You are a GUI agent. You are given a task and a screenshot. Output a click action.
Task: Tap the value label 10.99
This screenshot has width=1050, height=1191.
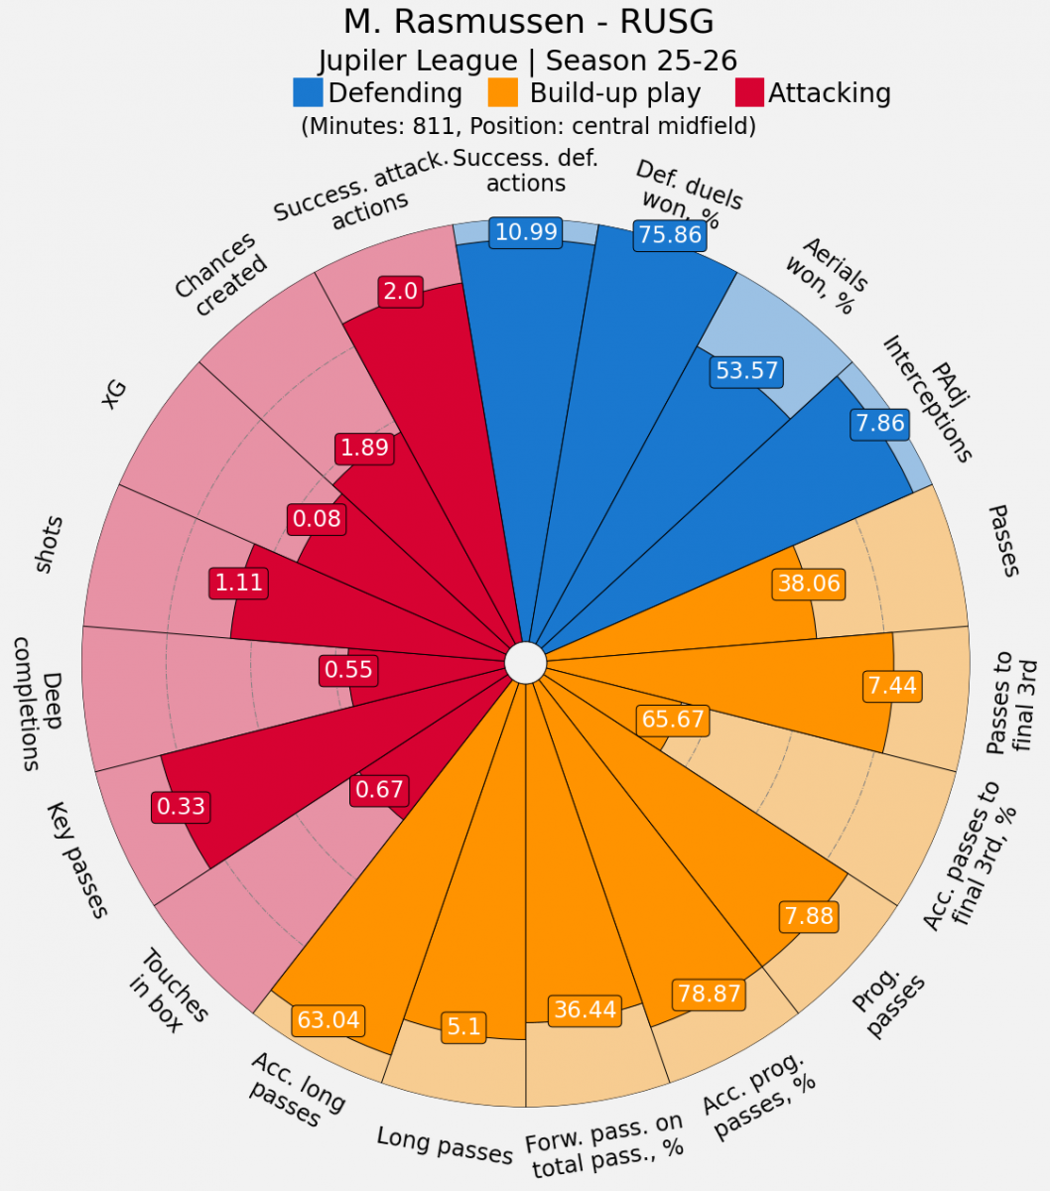(x=527, y=231)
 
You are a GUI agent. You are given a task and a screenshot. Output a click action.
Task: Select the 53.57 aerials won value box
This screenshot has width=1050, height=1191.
(x=746, y=371)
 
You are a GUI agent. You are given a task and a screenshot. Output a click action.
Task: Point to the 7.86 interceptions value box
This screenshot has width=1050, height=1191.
(x=879, y=424)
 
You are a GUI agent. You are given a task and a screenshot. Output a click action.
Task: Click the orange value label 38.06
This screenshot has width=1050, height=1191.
(x=809, y=584)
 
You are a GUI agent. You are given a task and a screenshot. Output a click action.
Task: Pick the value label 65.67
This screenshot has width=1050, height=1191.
(x=673, y=719)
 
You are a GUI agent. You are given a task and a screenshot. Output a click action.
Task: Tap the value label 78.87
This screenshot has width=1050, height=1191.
(x=709, y=993)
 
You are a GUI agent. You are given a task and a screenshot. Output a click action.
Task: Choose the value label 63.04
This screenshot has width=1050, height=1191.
(x=328, y=1019)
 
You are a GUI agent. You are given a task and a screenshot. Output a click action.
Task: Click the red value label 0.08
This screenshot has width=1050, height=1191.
(x=317, y=518)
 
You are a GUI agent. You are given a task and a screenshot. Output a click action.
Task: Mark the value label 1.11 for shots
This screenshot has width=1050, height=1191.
(x=239, y=582)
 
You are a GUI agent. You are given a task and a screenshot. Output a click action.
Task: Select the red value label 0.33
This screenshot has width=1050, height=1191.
(x=181, y=806)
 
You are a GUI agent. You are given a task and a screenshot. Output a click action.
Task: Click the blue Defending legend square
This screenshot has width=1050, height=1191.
(x=308, y=93)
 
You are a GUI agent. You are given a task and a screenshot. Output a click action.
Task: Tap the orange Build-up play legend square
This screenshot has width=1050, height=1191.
(x=503, y=93)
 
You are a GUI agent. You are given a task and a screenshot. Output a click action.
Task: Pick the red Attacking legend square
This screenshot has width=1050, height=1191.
(x=749, y=93)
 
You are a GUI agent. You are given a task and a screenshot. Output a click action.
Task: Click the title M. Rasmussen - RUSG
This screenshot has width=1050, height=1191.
(x=528, y=22)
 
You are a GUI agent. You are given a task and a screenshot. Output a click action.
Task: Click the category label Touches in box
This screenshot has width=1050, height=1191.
(x=169, y=992)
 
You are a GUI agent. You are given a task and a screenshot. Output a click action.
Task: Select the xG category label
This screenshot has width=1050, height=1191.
(x=116, y=395)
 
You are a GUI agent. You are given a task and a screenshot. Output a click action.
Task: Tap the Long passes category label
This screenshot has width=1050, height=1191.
(x=445, y=1144)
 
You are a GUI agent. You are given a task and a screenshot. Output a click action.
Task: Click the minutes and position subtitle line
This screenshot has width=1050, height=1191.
(x=528, y=126)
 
